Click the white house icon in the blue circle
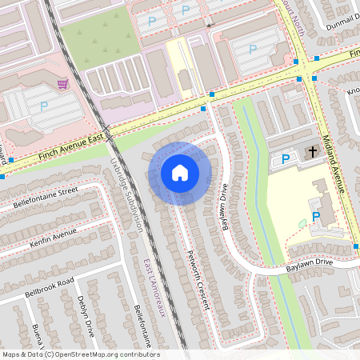click(x=180, y=173)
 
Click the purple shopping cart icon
click(x=62, y=82)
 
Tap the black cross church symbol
click(x=313, y=151)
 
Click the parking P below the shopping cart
click(x=44, y=105)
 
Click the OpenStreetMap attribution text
click(x=80, y=354)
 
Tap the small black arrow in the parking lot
click(x=210, y=26)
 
